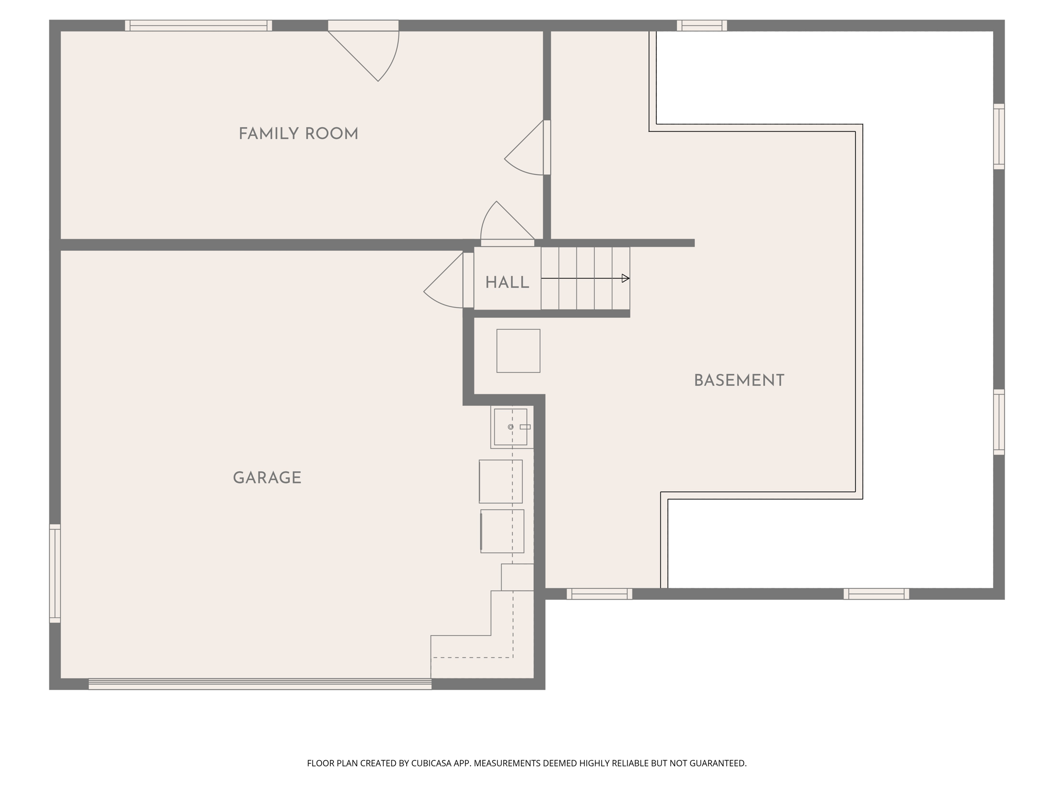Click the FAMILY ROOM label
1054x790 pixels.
coord(298,134)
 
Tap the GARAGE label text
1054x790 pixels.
coord(267,478)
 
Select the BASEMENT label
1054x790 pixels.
coord(739,381)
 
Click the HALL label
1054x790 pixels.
coord(507,282)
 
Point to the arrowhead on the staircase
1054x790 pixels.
coord(625,278)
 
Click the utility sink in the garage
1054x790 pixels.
coord(511,427)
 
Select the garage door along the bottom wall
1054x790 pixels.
coord(260,684)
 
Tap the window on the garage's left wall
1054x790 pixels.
coord(55,573)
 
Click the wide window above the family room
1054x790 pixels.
coord(198,26)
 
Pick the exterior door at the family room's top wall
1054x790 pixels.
coord(363,26)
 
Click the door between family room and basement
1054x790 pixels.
coord(547,148)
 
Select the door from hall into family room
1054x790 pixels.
coord(507,242)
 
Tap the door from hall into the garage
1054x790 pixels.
coord(468,280)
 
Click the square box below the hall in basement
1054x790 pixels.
coord(518,351)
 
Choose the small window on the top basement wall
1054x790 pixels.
coord(701,26)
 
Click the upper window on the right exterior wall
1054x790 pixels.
coord(998,136)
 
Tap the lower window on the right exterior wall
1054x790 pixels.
coord(998,422)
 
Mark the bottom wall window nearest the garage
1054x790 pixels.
coord(599,594)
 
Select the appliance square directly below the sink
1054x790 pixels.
coord(501,481)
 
